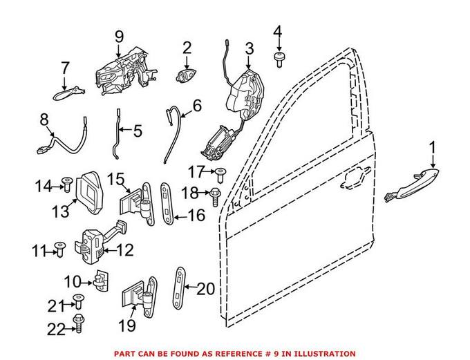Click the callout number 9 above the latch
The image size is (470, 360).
pos(119,36)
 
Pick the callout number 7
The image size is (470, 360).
pos(65,68)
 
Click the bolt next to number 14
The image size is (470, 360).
pos(66,183)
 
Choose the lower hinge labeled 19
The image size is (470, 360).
pos(138,299)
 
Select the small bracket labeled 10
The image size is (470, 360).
pos(101,280)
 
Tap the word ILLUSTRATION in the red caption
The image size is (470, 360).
pos(322,353)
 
